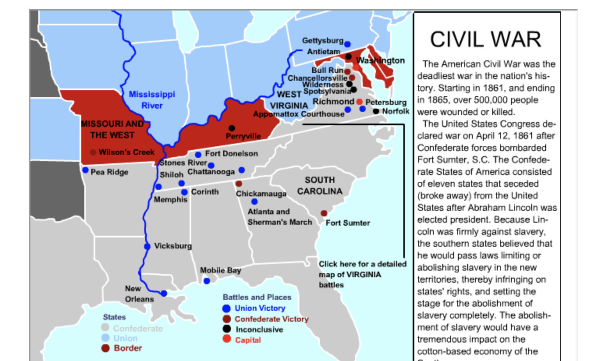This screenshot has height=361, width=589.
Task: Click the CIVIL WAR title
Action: [x=486, y=39]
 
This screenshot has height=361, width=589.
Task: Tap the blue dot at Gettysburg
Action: [x=347, y=44]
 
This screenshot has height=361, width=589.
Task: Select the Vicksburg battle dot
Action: [x=147, y=246]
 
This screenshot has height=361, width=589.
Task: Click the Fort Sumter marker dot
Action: [x=324, y=213]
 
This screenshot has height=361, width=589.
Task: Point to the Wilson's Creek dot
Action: [x=93, y=152]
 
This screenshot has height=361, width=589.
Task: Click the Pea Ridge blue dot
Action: [x=85, y=170]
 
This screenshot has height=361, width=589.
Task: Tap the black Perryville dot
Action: [x=232, y=128]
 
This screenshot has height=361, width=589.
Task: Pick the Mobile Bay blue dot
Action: [x=207, y=281]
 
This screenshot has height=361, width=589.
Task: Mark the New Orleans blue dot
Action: [x=164, y=293]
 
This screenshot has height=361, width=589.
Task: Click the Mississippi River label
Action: [x=152, y=100]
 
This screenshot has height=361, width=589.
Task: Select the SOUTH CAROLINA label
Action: [x=320, y=186]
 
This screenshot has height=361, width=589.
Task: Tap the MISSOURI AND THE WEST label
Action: [x=112, y=129]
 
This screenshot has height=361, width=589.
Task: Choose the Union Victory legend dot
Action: [x=226, y=308]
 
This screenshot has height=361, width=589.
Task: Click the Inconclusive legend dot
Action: [x=227, y=329]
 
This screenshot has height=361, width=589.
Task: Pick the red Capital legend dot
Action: [x=227, y=339]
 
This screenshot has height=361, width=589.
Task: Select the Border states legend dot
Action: [x=105, y=348]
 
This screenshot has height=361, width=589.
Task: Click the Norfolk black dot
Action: [x=376, y=111]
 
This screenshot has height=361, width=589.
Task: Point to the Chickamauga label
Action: [x=261, y=194]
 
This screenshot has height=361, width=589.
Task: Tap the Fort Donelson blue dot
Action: [x=198, y=155]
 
